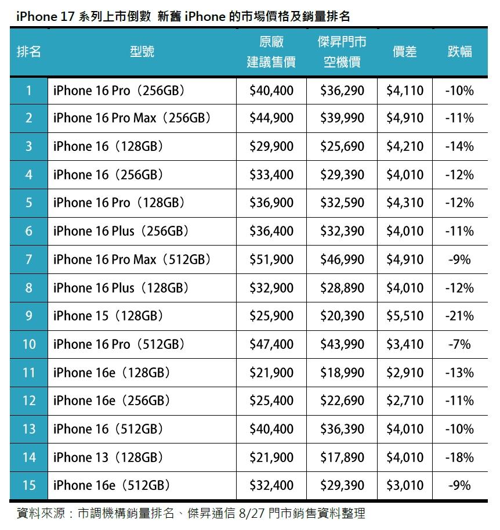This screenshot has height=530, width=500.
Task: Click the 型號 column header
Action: (142, 52)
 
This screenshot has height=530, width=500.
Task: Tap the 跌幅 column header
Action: (459, 52)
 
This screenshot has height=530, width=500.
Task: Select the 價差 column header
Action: (405, 52)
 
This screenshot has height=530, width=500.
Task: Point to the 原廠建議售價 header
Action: (271, 52)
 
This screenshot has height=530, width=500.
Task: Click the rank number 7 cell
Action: (29, 259)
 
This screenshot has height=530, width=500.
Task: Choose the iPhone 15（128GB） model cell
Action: (108, 316)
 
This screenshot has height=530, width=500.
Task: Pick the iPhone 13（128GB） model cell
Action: (108, 457)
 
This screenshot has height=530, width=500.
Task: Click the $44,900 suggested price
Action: (271, 118)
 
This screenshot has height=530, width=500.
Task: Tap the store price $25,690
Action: (342, 146)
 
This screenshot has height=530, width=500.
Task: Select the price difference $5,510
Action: (405, 316)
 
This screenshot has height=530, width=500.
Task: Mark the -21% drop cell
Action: (459, 316)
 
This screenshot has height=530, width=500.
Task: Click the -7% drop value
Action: (459, 344)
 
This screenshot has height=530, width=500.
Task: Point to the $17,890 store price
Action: (342, 457)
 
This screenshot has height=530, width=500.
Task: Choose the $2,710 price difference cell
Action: (405, 401)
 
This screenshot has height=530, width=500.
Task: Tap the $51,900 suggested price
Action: (271, 259)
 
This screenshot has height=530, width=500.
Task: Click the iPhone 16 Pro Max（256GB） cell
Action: (132, 118)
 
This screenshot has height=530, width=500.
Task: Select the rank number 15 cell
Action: (29, 485)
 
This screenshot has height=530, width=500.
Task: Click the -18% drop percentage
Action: (459, 457)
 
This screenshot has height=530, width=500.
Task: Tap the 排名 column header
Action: (29, 52)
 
